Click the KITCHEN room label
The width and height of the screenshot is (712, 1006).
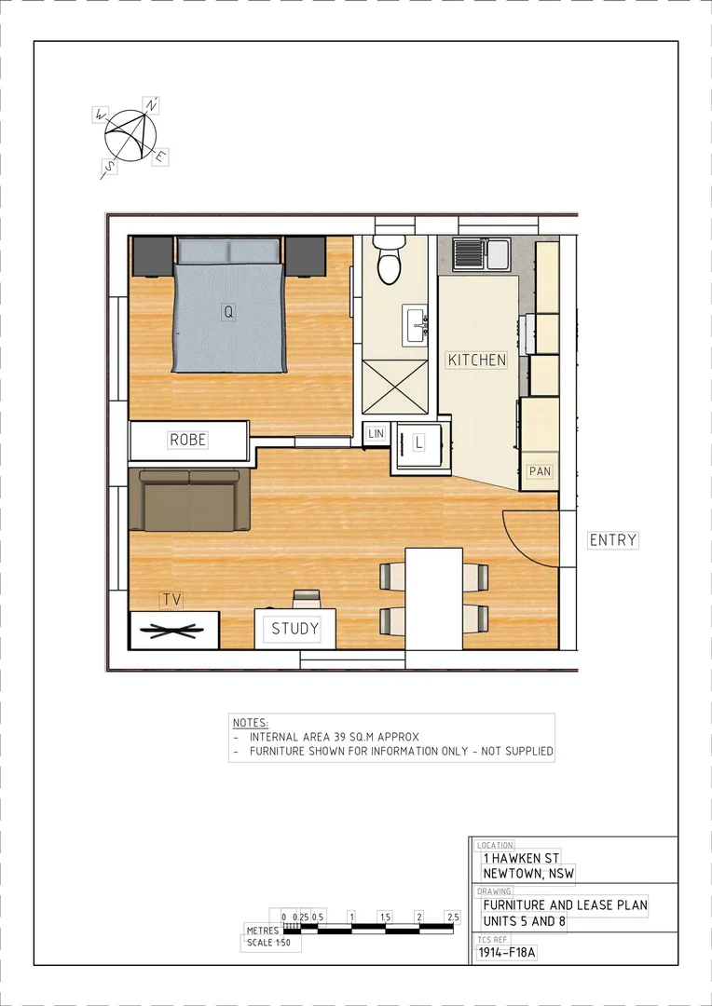[x=477, y=360]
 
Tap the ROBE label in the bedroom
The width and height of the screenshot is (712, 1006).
[x=187, y=440]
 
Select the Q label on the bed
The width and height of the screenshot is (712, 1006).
[x=227, y=313]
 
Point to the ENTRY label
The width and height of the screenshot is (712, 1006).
[x=613, y=539]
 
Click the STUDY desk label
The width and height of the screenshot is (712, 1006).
[x=294, y=629]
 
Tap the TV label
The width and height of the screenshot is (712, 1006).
[x=171, y=599]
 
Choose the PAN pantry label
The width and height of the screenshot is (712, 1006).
[x=540, y=471]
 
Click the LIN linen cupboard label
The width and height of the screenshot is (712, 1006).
[x=377, y=434]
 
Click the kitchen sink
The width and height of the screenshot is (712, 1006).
[x=480, y=253]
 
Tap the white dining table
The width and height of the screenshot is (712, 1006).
[x=434, y=598]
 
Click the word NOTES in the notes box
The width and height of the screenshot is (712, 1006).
[x=250, y=722]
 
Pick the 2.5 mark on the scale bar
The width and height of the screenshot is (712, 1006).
[x=453, y=918]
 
